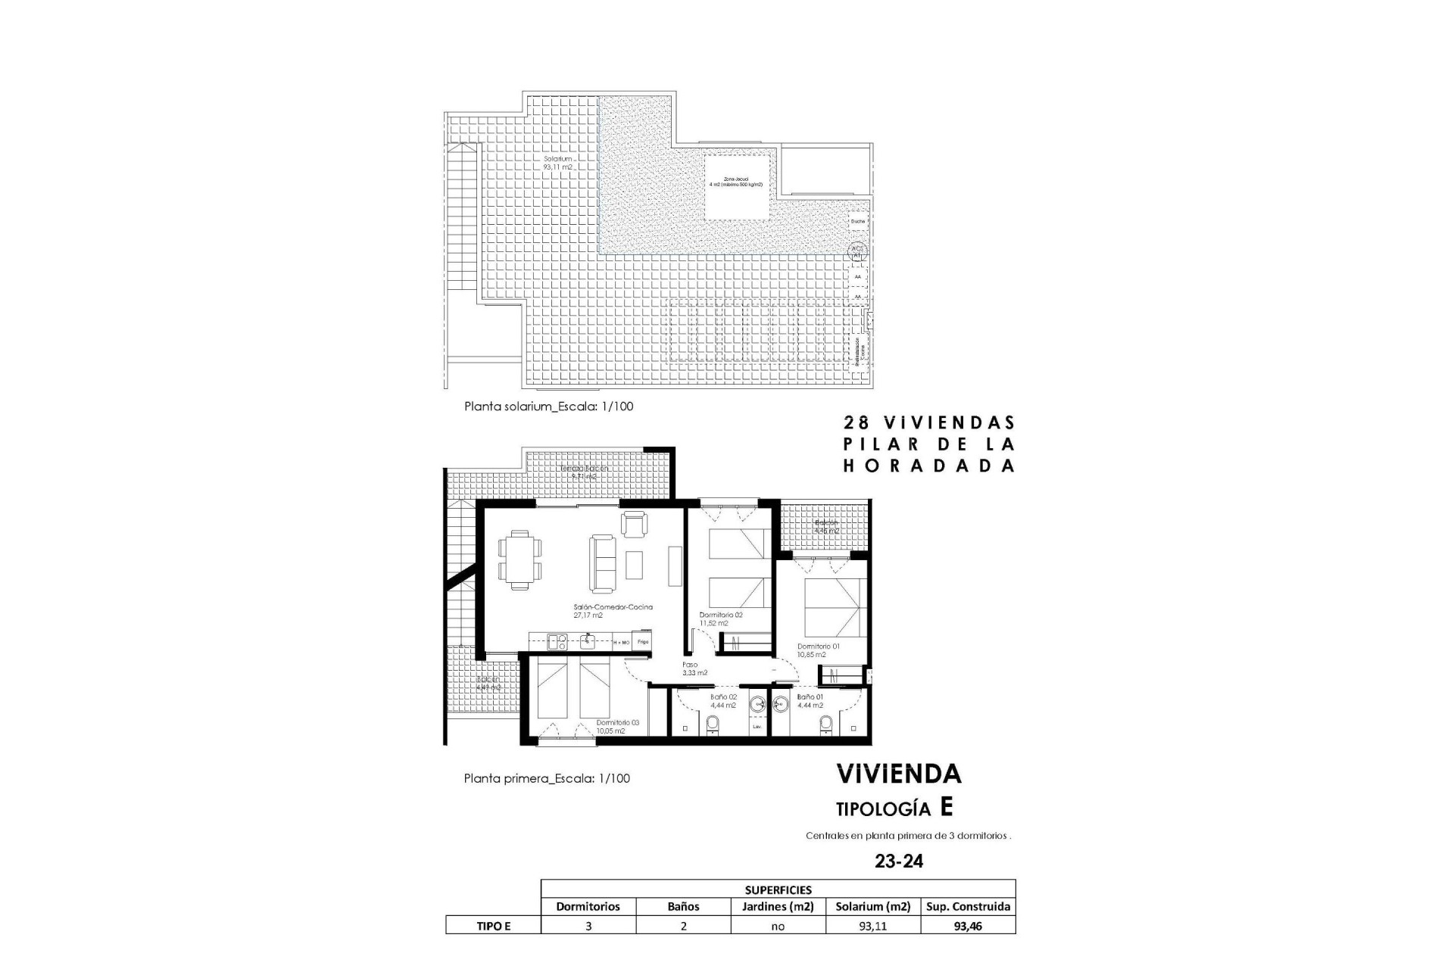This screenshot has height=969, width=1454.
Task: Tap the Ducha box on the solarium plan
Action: [x=857, y=222]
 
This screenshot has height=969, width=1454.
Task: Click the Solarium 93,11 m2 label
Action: [x=557, y=163]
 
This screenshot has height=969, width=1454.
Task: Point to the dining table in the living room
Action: [x=520, y=559]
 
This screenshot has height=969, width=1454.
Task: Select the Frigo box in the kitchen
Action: [x=642, y=642]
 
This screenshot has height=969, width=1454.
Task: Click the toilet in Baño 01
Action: [x=826, y=725]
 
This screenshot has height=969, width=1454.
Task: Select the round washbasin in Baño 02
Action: [x=756, y=705]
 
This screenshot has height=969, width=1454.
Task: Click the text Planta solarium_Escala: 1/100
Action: [x=548, y=407]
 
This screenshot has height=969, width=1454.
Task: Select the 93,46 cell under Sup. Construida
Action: [x=968, y=925]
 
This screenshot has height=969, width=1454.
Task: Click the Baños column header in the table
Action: [x=683, y=906]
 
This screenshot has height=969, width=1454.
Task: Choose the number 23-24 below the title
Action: [x=899, y=861]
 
